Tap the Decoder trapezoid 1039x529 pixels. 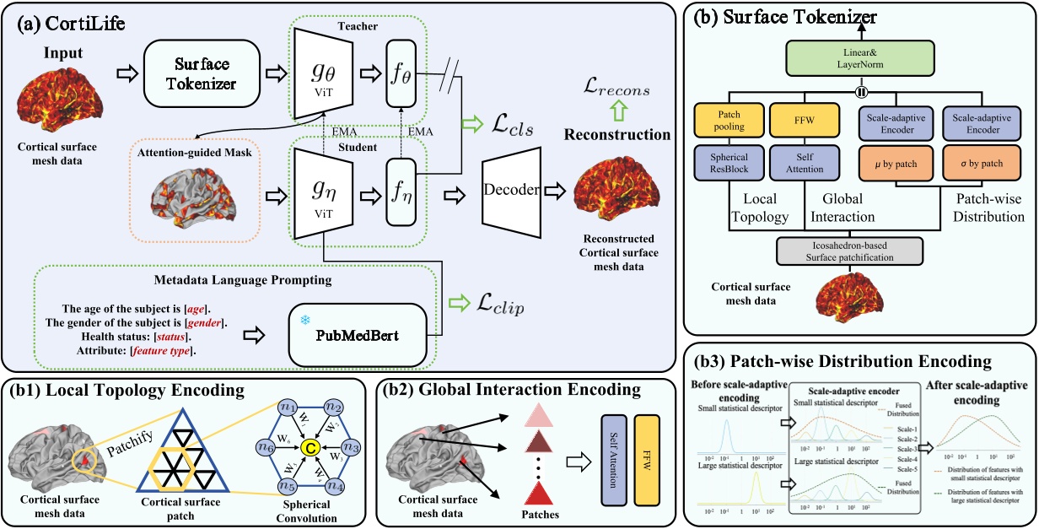coord(511,190)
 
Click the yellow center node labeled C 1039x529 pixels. coord(310,447)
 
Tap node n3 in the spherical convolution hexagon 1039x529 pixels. coord(353,447)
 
